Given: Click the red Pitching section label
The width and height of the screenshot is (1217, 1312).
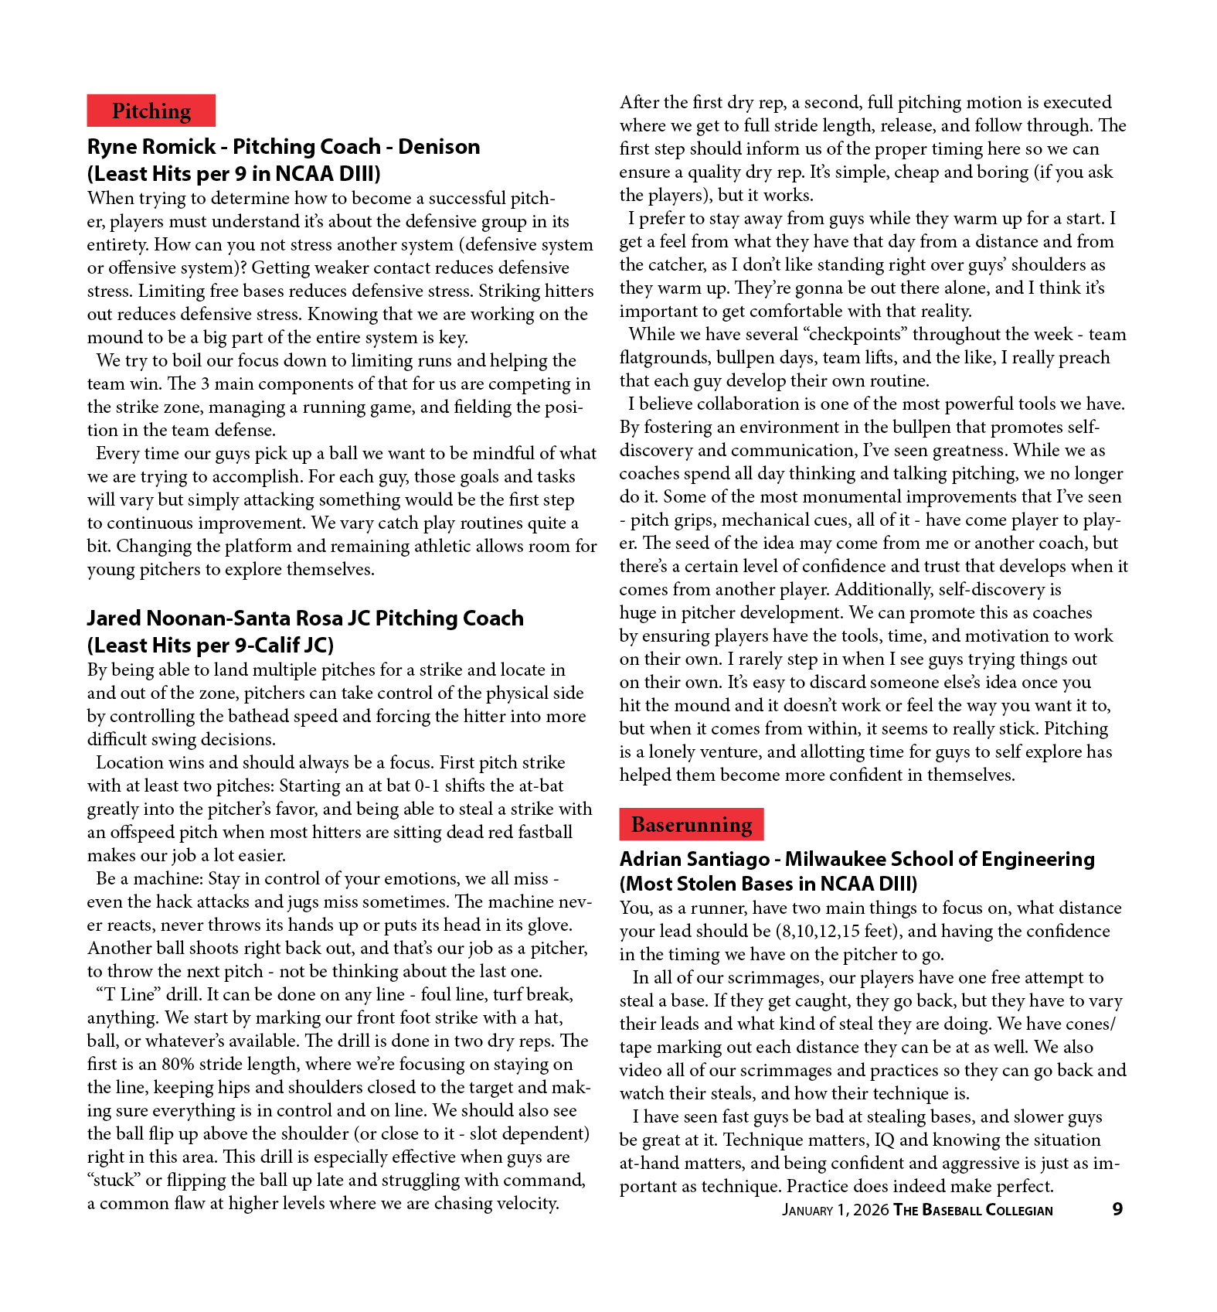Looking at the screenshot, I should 151,111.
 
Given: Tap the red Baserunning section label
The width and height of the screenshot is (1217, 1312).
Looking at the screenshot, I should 691,824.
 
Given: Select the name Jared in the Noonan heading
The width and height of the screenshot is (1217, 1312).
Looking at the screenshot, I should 114,619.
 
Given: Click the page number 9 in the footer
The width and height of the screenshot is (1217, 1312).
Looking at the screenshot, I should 1117,1209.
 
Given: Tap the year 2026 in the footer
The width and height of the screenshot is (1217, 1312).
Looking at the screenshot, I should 872,1210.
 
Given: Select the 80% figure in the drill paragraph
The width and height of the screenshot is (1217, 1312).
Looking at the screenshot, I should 178,1065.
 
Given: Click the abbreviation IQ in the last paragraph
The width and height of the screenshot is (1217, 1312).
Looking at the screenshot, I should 884,1140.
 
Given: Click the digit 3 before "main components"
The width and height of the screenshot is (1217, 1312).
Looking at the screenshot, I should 205,384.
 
